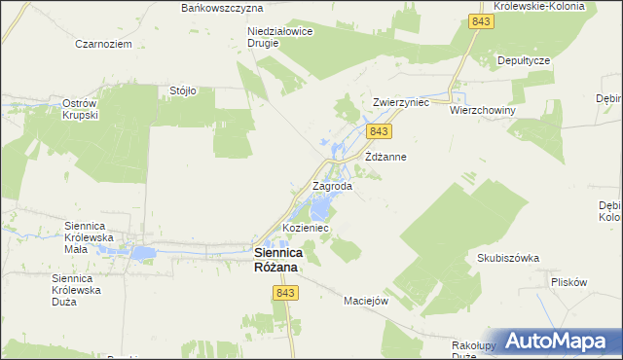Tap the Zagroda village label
[x=331, y=186]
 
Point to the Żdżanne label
[x=385, y=156]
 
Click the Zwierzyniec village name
[x=401, y=101]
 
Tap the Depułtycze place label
[x=524, y=59]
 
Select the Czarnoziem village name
[x=103, y=44]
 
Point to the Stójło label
[x=183, y=90]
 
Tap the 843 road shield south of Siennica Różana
[x=285, y=293]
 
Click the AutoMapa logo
[x=559, y=341]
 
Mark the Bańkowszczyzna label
[x=222, y=7]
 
